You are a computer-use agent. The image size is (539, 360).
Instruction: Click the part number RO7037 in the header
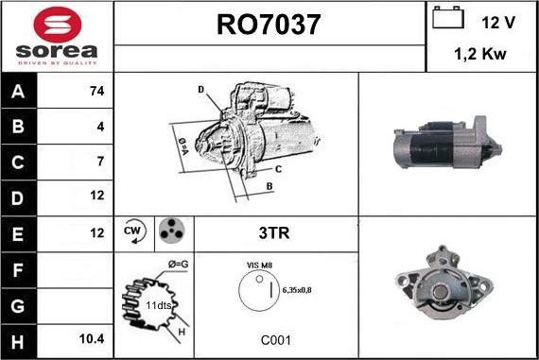[x=269, y=23]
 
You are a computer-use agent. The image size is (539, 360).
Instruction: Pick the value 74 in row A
[x=96, y=91]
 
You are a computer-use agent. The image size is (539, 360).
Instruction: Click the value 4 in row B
[x=99, y=126]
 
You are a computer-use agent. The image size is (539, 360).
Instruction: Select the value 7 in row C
[x=99, y=161]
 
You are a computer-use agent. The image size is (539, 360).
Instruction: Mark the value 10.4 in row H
[x=93, y=335]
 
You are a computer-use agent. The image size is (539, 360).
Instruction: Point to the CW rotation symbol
[x=133, y=231]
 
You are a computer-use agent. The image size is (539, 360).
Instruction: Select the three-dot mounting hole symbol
[x=172, y=231]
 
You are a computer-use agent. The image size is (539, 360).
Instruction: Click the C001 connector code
[x=276, y=338]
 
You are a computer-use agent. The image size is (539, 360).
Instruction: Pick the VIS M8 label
[x=258, y=266]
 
